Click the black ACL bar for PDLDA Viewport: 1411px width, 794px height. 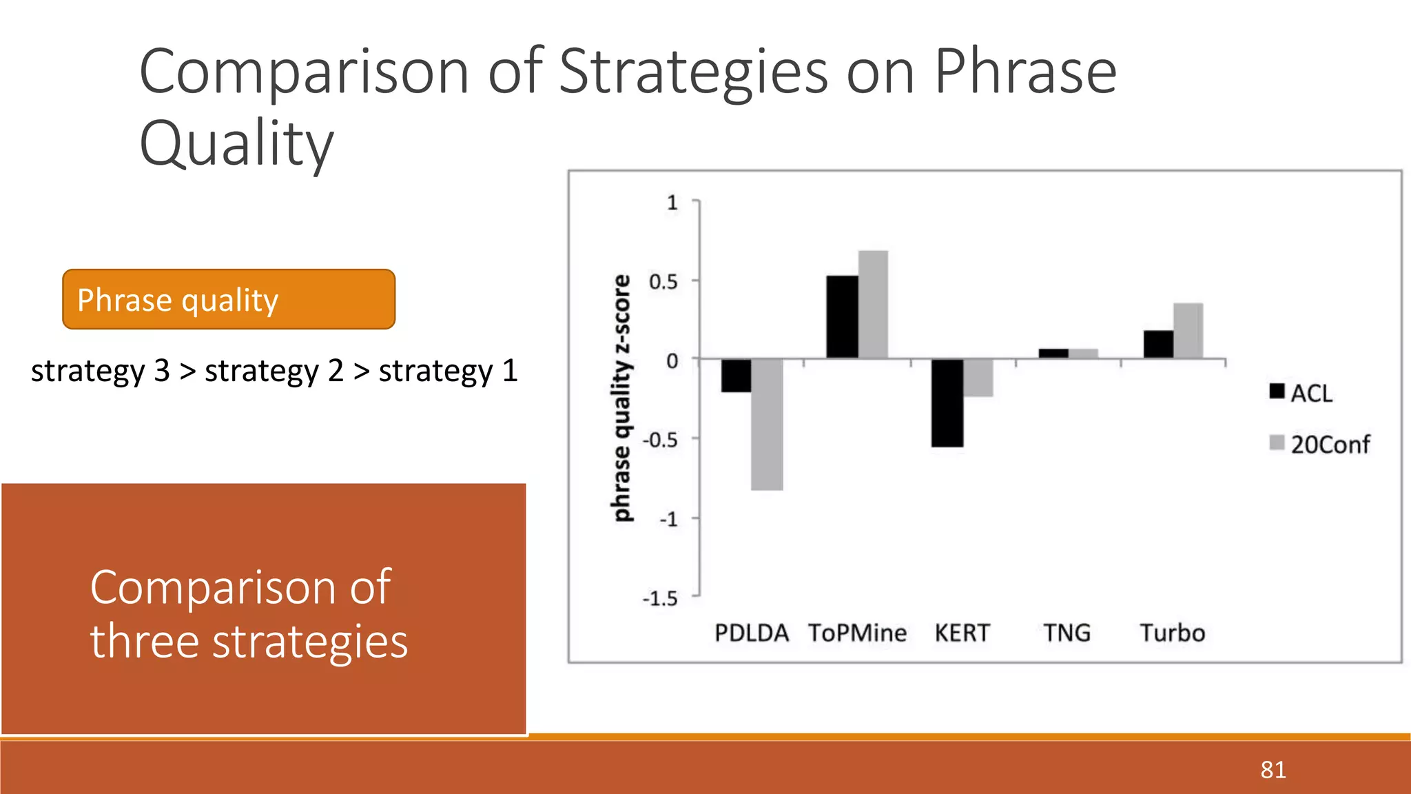[736, 376]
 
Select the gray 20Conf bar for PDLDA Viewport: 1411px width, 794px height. [767, 425]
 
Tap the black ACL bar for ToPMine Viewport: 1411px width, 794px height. [842, 317]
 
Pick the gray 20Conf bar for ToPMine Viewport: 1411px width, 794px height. [873, 305]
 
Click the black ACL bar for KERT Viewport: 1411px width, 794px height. [947, 403]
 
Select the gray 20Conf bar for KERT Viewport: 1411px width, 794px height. [978, 378]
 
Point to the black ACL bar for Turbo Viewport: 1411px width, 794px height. [1158, 345]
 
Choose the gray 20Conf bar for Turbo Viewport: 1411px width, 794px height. [1188, 331]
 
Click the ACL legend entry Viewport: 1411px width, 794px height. [1301, 393]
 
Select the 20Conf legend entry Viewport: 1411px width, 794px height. [1320, 445]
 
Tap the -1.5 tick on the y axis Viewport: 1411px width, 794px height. [660, 598]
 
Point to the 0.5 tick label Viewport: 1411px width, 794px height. [663, 282]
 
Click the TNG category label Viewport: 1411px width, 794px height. [1067, 633]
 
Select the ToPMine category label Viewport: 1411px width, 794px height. [857, 633]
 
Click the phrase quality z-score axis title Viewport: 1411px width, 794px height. [621, 398]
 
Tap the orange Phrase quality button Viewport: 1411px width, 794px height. [229, 300]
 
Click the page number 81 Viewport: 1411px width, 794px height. [1273, 769]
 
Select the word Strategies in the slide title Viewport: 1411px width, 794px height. [693, 72]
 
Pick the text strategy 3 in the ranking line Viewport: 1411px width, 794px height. [100, 371]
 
